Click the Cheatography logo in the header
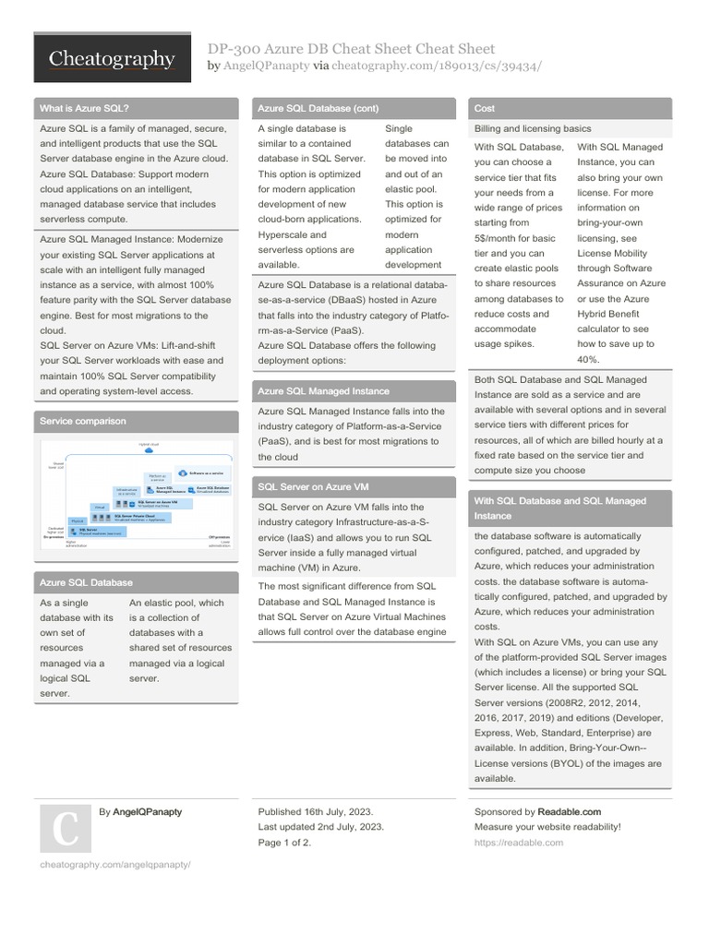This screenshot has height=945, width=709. [x=112, y=60]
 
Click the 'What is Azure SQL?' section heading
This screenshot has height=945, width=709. [x=84, y=108]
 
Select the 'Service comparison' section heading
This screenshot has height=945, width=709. [x=82, y=421]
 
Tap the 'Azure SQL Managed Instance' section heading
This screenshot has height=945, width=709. [x=323, y=391]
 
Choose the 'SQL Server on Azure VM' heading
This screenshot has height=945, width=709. [x=314, y=486]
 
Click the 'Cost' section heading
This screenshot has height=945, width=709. [x=485, y=108]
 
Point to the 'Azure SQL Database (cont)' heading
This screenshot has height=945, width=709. [x=318, y=108]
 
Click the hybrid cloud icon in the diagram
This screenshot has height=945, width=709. [x=149, y=449]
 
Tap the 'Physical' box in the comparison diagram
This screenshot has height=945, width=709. [x=78, y=520]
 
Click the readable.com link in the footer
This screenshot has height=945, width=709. [x=518, y=843]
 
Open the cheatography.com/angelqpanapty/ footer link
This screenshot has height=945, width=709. [x=114, y=865]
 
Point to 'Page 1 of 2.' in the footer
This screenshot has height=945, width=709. [x=284, y=843]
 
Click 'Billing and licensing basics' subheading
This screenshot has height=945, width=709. [x=533, y=128]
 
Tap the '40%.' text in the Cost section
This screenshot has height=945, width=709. [x=588, y=359]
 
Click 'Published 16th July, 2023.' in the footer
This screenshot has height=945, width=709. [x=316, y=812]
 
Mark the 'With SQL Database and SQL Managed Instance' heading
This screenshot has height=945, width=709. [x=559, y=508]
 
